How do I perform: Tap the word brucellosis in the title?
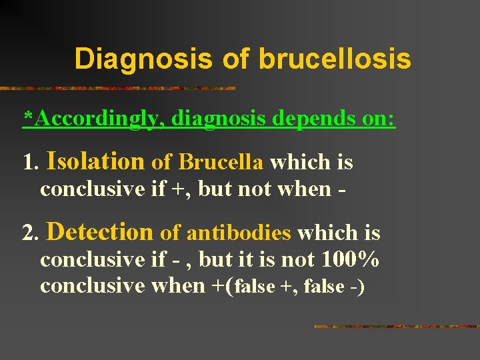(335, 59)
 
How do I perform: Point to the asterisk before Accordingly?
(28, 117)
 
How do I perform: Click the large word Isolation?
(96, 161)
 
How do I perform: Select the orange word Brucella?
(221, 162)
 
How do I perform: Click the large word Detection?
(101, 231)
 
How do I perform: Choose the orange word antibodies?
(239, 233)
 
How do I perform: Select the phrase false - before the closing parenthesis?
(333, 287)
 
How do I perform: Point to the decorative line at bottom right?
(396, 327)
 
